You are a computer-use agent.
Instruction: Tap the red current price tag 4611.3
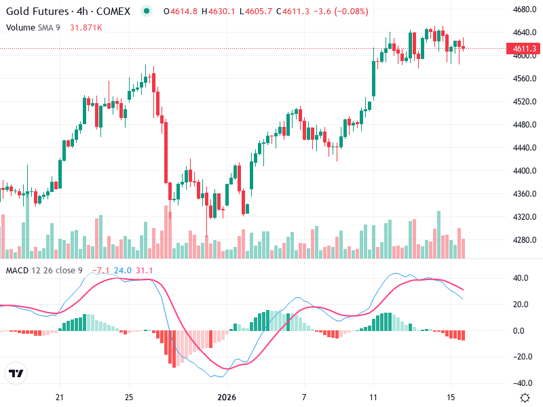(x=525, y=48)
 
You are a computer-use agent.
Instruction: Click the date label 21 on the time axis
(x=60, y=397)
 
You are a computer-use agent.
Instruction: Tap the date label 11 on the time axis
(x=373, y=397)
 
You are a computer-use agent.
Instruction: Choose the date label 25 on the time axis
(x=129, y=397)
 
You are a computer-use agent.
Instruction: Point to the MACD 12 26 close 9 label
(x=45, y=271)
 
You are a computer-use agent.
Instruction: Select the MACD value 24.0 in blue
(x=123, y=271)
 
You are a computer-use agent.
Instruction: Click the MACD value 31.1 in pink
(x=145, y=271)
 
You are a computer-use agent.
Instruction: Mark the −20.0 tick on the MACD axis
(x=521, y=357)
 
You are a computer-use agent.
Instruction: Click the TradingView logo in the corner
(x=16, y=373)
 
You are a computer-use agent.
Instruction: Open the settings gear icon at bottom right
(x=525, y=398)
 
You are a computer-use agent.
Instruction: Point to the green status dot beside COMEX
(x=146, y=12)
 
